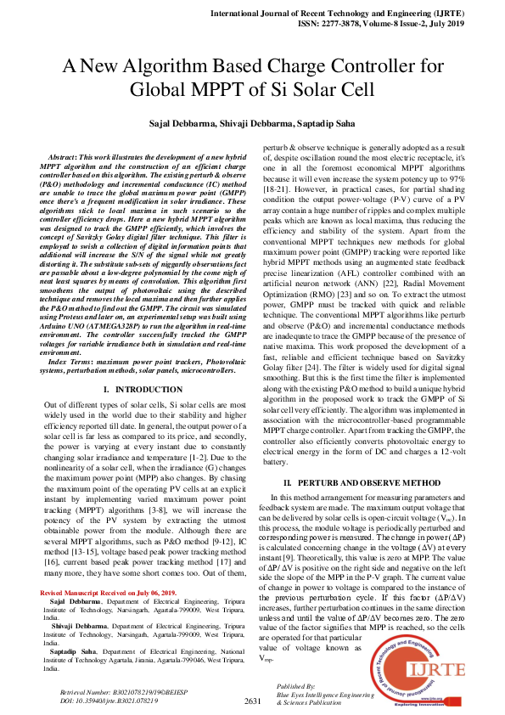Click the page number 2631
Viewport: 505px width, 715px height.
pyautogui.click(x=251, y=701)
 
